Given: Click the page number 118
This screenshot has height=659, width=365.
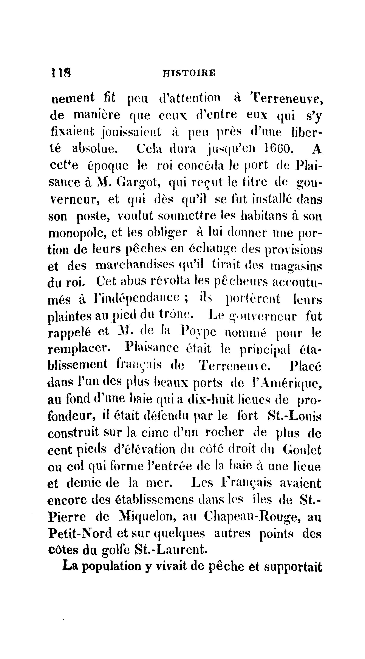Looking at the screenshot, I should point(61,73).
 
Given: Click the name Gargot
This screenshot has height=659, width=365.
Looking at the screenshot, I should point(138,183).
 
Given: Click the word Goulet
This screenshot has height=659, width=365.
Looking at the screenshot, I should point(302,450).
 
